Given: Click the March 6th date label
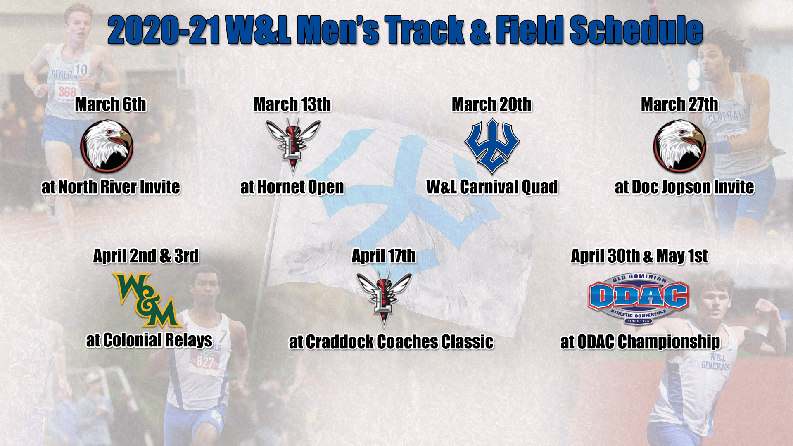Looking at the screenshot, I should (110, 104).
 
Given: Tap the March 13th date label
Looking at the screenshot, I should (292, 104).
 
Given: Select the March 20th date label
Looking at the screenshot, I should (491, 104).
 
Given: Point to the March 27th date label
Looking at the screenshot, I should (679, 104).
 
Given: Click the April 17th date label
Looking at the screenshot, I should (384, 256).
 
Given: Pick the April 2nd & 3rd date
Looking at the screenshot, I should (146, 256).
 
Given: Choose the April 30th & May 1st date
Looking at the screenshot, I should (639, 256).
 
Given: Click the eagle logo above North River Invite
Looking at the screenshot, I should (107, 146).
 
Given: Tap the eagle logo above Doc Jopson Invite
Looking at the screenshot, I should (679, 146).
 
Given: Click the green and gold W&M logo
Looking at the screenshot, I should (147, 299).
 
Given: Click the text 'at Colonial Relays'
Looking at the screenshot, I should (149, 340).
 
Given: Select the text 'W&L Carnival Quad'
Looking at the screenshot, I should (492, 187).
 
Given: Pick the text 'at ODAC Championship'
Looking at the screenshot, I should (640, 342).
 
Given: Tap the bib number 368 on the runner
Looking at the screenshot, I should (67, 91).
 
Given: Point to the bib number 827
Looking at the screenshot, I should (205, 363).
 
